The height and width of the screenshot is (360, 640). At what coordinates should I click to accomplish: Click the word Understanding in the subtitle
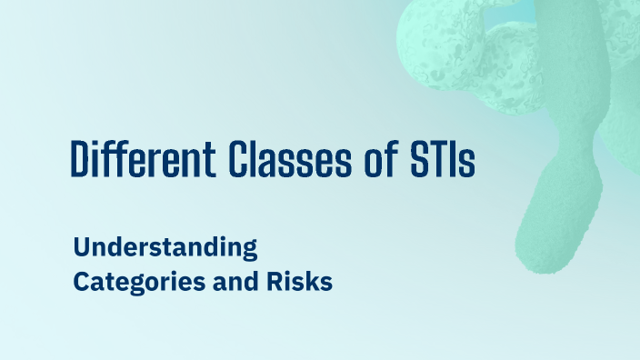click(x=165, y=247)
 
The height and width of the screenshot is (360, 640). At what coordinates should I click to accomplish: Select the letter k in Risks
click(x=315, y=282)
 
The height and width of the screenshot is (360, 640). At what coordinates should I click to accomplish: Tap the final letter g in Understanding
click(x=251, y=250)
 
